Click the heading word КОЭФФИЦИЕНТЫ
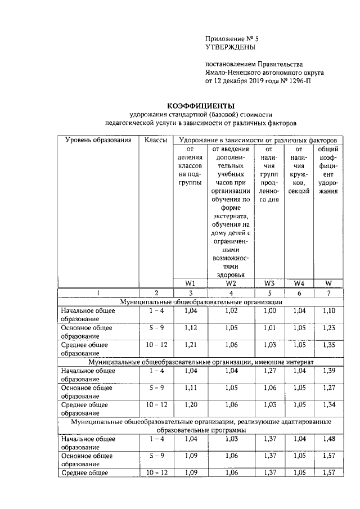tap(201, 106)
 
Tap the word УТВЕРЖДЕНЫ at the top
tap(228, 47)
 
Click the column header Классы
tap(156, 139)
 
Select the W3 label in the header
tap(269, 283)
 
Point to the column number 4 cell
tap(231, 293)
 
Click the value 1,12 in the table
tap(191, 328)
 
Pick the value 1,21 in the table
tap(191, 345)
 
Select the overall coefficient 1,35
tap(329, 345)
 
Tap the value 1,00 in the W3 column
tap(269, 310)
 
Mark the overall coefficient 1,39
tap(329, 371)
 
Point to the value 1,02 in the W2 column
tap(231, 310)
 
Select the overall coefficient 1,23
tap(329, 328)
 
